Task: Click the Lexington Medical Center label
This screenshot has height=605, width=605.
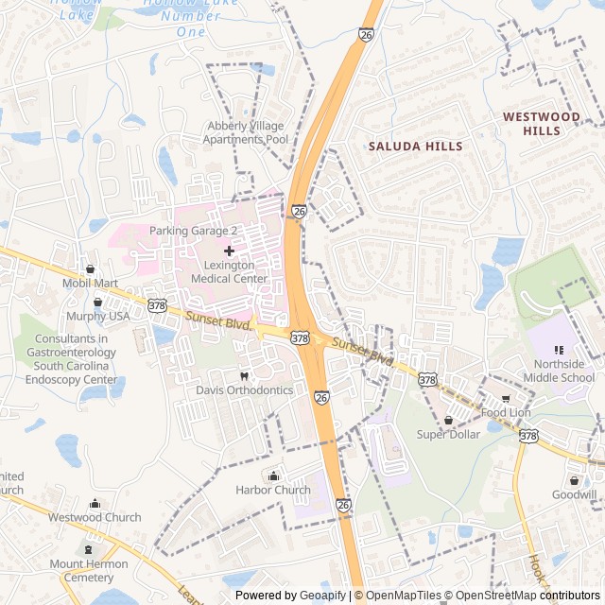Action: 229,272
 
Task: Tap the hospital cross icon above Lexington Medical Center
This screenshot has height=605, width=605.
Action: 229,251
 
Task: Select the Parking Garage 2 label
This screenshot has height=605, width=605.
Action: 193,231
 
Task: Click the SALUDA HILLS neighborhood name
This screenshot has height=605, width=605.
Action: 415,147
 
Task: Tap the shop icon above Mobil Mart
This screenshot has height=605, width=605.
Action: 91,269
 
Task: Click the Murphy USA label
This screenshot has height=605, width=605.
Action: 98,317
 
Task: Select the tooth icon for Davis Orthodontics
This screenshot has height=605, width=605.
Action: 245,375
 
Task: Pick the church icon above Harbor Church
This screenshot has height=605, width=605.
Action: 273,475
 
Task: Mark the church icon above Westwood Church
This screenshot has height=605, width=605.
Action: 95,503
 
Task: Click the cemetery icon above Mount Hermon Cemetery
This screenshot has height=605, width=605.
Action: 90,549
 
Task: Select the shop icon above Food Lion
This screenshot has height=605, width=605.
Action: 505,398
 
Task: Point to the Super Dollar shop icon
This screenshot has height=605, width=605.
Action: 449,420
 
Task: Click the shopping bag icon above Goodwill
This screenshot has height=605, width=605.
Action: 574,480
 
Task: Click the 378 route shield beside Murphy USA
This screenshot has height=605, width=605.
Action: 159,306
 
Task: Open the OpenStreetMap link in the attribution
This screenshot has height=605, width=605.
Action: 493,596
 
